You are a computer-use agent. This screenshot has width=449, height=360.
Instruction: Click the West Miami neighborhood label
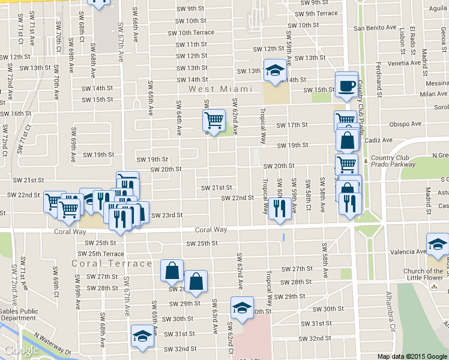pyautogui.click(x=220, y=89)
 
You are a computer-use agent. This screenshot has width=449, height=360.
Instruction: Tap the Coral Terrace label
pyautogui.click(x=112, y=263)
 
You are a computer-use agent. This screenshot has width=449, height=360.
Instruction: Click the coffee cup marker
pyautogui.click(x=346, y=85)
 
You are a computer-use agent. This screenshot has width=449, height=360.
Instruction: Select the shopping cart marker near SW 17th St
pyautogui.click(x=214, y=121)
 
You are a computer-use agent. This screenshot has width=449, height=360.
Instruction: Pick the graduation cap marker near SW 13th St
pyautogui.click(x=275, y=70)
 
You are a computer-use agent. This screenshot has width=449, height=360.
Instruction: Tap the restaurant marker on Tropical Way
pyautogui.click(x=279, y=208)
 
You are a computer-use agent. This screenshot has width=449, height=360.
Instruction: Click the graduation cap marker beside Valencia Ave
pyautogui.click(x=438, y=244)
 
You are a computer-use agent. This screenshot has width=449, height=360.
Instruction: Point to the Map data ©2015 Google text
pyautogui.click(x=412, y=356)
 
